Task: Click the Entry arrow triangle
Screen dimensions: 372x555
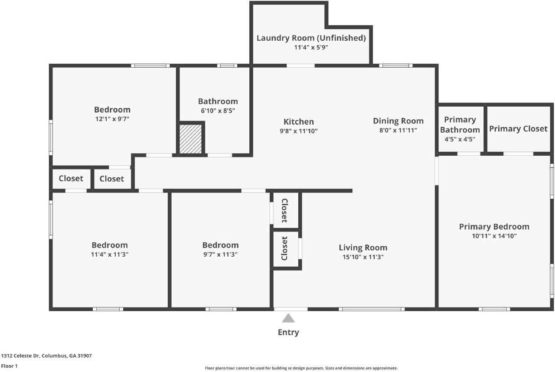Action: click(x=288, y=319)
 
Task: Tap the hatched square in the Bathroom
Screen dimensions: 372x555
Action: click(x=191, y=139)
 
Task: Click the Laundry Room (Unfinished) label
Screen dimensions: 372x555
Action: click(x=311, y=38)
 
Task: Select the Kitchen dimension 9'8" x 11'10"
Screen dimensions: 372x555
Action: click(x=299, y=131)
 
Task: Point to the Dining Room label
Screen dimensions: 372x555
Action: click(x=398, y=121)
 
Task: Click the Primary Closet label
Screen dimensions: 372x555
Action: click(x=518, y=129)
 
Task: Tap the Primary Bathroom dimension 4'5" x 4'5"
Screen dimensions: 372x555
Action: click(x=460, y=139)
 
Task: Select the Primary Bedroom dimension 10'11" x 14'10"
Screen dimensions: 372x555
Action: click(x=494, y=236)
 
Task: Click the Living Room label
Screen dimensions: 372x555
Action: click(x=363, y=248)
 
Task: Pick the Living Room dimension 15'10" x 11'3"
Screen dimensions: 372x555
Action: click(x=363, y=257)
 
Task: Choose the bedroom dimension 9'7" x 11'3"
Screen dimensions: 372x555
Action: click(x=220, y=255)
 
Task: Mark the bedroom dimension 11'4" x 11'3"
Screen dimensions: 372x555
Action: click(x=110, y=255)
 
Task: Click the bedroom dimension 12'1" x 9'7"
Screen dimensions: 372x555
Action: click(x=112, y=118)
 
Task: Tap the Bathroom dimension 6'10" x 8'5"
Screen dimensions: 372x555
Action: click(x=218, y=111)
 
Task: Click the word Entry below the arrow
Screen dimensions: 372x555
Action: click(x=288, y=333)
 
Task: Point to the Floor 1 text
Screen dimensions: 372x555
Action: click(x=10, y=366)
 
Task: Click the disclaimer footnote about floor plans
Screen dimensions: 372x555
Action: click(x=301, y=368)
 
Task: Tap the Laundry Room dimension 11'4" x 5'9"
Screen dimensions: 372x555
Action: click(x=311, y=47)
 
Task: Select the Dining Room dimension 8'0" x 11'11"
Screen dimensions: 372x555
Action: click(x=398, y=130)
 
